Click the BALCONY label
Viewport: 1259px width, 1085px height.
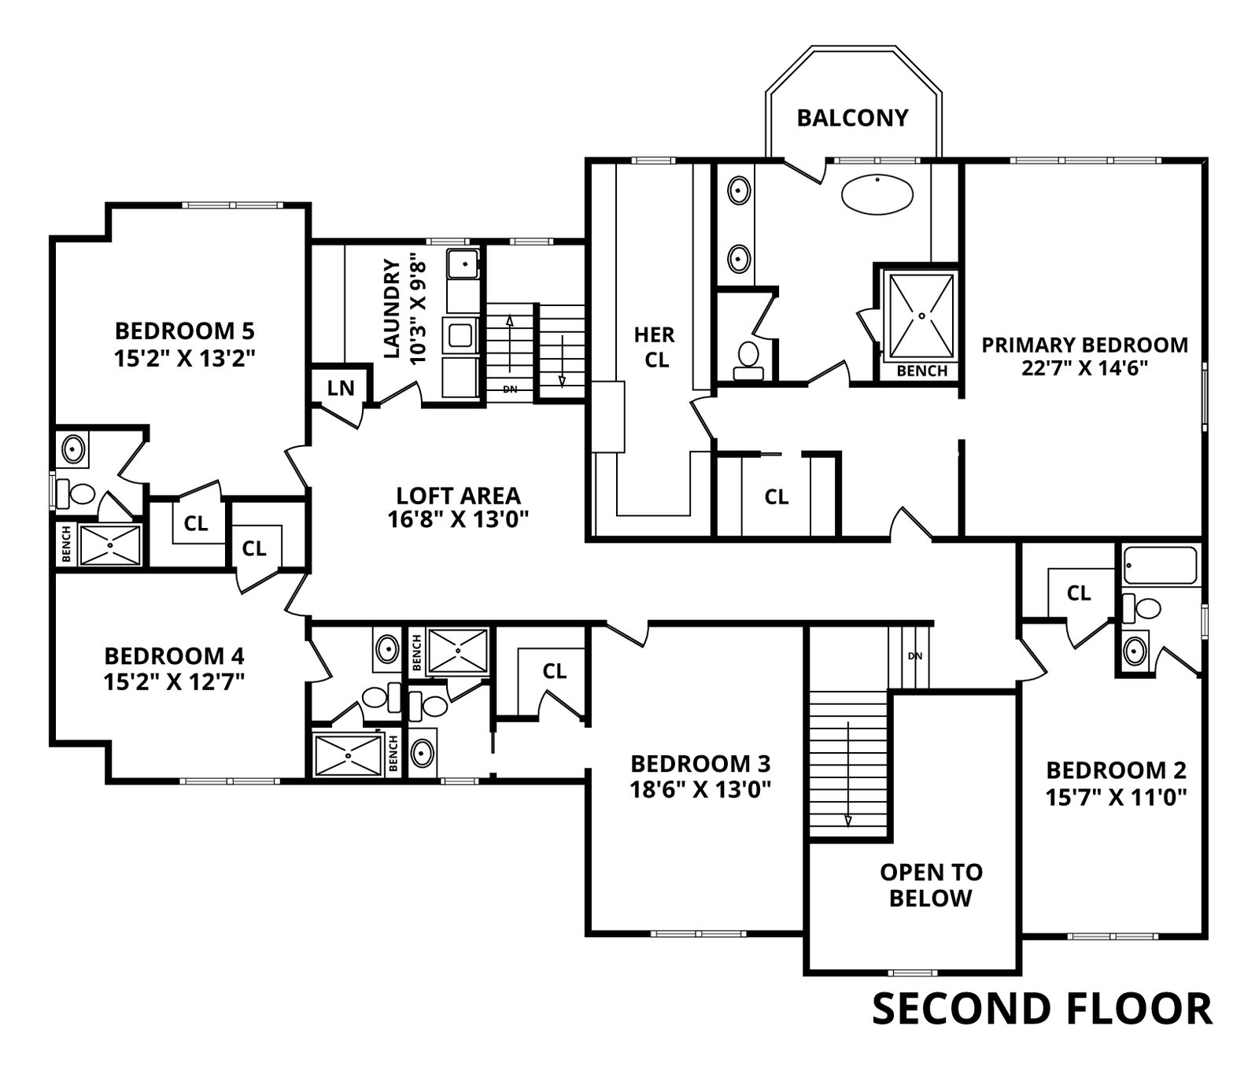pos(852,118)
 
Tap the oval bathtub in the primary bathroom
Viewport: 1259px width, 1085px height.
pos(877,194)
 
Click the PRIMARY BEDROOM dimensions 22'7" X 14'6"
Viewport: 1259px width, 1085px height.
pos(1084,368)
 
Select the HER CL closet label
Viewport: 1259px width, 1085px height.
pos(655,347)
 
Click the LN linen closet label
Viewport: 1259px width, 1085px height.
pos(341,388)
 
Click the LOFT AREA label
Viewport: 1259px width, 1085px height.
pos(458,496)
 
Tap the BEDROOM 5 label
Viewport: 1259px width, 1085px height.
pos(185,330)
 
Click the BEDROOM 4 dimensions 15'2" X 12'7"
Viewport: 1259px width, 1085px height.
pos(174,681)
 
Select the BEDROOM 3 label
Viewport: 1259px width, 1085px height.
pos(700,763)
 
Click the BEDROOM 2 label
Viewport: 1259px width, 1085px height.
pos(1116,770)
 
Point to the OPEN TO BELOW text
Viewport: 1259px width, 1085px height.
pos(931,884)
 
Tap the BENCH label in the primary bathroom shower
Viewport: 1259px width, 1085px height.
pos(921,371)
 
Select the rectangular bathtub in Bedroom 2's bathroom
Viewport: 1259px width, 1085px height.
pos(1160,565)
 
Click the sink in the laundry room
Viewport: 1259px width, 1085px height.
pos(463,264)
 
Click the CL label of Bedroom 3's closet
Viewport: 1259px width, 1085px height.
pos(554,671)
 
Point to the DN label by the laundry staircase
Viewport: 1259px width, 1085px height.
pos(510,389)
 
